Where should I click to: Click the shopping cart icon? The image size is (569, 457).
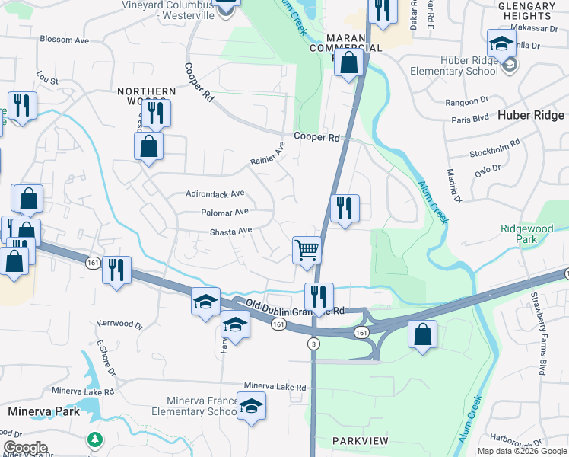(x=307, y=249)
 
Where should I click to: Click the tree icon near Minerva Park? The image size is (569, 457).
(x=94, y=439)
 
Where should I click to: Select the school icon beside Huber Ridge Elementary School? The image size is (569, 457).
(x=502, y=43)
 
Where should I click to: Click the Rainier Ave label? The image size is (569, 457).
(x=268, y=156)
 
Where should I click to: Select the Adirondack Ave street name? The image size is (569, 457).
(x=215, y=193)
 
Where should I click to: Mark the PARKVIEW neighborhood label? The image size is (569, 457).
(x=361, y=442)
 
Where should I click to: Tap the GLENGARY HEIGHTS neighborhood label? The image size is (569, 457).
(x=526, y=11)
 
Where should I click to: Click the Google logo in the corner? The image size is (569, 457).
(x=25, y=448)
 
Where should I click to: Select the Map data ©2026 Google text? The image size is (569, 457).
(x=521, y=451)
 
